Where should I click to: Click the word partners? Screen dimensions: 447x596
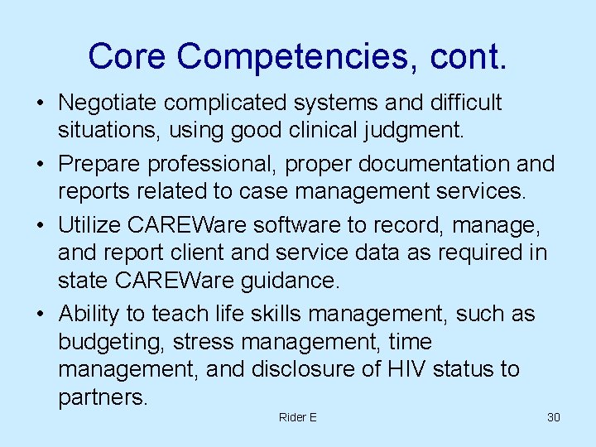(x=103, y=398)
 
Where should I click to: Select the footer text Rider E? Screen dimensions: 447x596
(x=298, y=417)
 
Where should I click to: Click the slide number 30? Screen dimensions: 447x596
(x=554, y=417)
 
